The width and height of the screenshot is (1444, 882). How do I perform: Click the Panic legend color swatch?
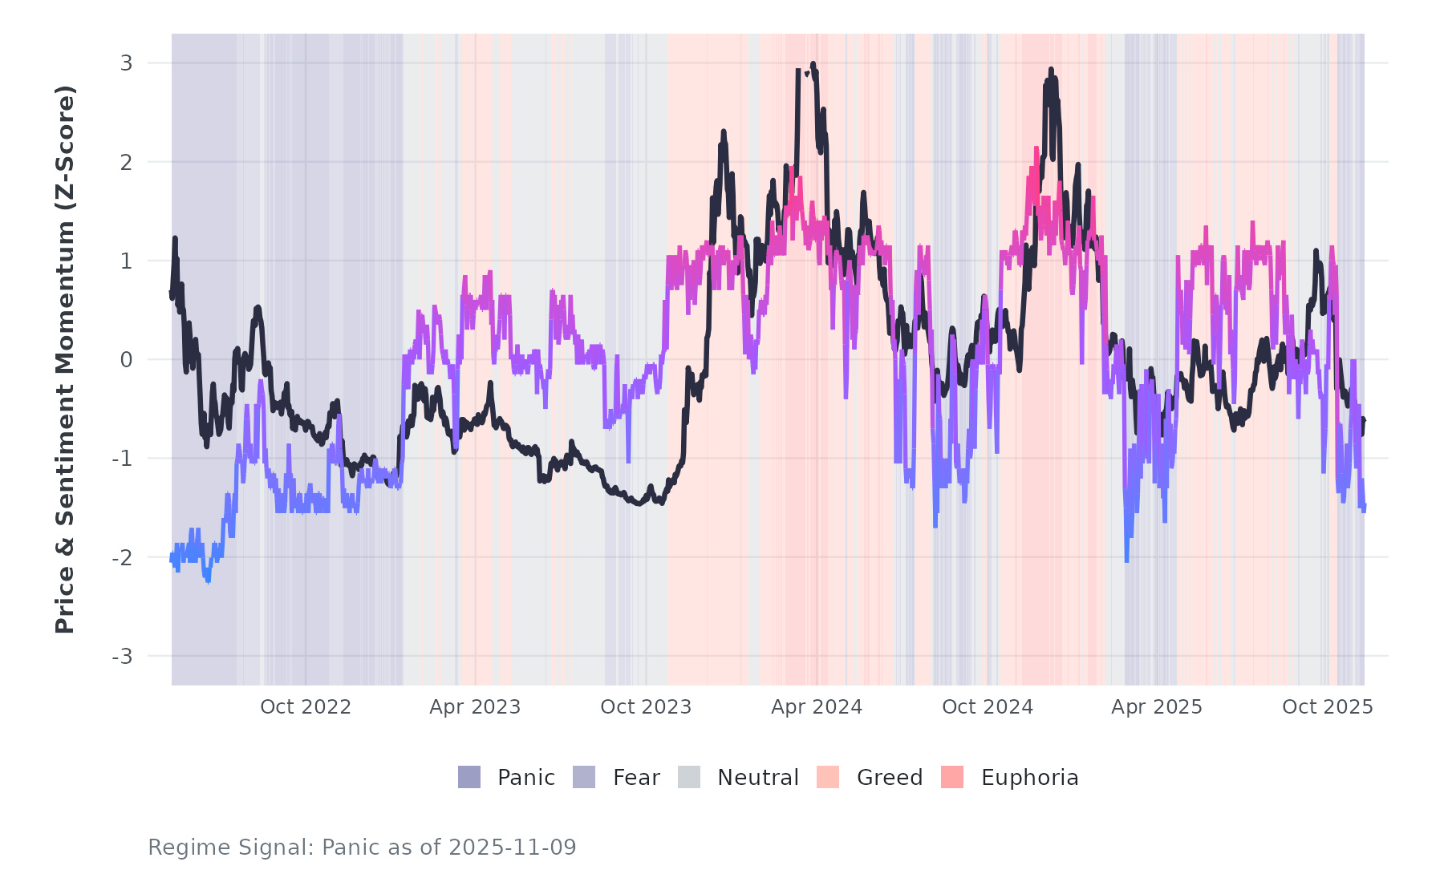point(469,777)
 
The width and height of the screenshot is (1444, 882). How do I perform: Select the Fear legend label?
point(636,778)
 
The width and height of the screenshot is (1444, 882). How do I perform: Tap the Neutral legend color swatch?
point(689,777)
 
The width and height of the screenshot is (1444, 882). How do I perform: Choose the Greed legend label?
point(890,778)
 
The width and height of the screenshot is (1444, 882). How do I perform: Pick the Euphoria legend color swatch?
point(952,777)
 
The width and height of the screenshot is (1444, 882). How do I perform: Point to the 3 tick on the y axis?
point(126,63)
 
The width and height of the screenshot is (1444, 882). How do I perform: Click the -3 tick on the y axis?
point(122,657)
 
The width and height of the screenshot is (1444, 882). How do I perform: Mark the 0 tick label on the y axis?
point(126,360)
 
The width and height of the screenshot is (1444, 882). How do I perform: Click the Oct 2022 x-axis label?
point(306,707)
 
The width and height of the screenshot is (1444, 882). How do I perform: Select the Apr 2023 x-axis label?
point(475,707)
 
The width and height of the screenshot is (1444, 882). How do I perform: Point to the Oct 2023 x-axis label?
point(646,707)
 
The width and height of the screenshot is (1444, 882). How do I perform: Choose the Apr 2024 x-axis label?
point(817,707)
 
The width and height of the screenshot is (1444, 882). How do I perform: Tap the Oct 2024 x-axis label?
point(988,707)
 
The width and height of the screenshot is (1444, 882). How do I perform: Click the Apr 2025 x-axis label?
point(1157,707)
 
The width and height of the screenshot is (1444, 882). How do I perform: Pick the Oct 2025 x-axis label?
point(1328,707)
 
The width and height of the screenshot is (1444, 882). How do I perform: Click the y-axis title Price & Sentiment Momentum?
point(65,359)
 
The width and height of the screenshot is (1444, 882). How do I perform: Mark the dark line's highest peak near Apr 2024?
point(813,64)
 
